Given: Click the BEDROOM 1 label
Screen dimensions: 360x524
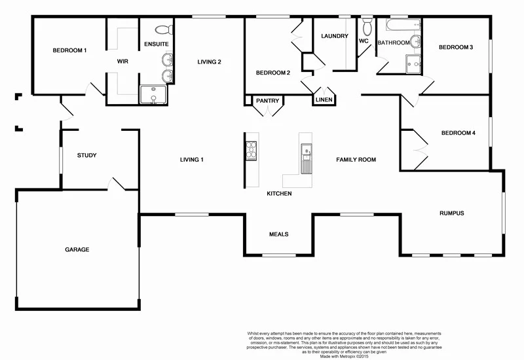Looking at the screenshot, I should tap(69, 50).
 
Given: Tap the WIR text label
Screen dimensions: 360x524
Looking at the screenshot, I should tap(122, 61).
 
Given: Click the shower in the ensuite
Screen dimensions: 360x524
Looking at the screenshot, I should tap(154, 96).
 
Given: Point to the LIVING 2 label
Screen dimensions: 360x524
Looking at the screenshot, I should tap(210, 62).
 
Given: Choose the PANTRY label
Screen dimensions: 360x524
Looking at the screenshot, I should tap(267, 101).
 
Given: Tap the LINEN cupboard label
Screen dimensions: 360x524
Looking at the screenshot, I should tap(324, 100).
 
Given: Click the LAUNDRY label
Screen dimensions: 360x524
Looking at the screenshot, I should tap(335, 36).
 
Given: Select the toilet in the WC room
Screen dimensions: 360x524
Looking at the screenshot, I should tap(367, 28).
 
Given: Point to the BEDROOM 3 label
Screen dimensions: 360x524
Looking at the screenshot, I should tap(456, 47).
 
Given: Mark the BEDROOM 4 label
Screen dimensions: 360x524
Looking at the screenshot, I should tap(458, 133).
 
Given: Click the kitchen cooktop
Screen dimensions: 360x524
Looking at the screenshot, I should tap(251, 150).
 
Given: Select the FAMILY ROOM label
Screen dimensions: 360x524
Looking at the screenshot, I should tap(356, 160).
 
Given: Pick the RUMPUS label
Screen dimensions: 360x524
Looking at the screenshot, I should tap(451, 213).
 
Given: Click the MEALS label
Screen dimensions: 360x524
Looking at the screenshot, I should tap(278, 234).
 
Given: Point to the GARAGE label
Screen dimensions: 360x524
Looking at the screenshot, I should tap(77, 249).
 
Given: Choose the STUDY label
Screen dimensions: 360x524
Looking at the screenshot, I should tap(86, 155).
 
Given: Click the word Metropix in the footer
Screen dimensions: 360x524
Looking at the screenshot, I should tap(352, 356).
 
